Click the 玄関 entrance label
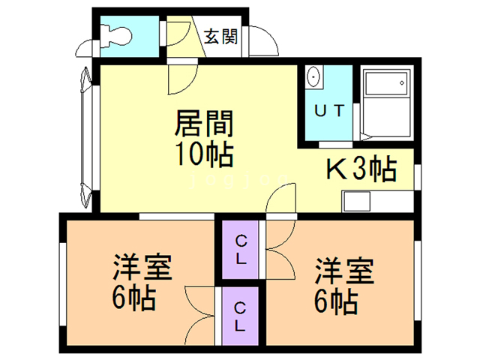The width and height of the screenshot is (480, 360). (220, 37)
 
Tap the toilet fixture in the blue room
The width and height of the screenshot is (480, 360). (116, 37)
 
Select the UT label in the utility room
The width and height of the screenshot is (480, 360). (329, 110)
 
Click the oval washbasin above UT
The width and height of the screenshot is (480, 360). (313, 76)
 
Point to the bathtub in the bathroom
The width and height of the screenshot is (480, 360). (387, 104)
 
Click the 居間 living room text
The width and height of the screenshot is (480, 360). (204, 123)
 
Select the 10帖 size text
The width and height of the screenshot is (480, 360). (204, 154)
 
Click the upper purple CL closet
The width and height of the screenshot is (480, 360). (240, 250)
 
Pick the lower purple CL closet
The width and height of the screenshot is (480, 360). (240, 316)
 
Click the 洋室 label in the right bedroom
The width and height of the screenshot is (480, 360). (345, 271)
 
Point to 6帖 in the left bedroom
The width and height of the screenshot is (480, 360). (134, 298)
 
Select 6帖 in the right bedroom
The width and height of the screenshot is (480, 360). (336, 301)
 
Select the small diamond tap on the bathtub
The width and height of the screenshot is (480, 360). (402, 82)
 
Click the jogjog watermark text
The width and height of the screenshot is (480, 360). (239, 181)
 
